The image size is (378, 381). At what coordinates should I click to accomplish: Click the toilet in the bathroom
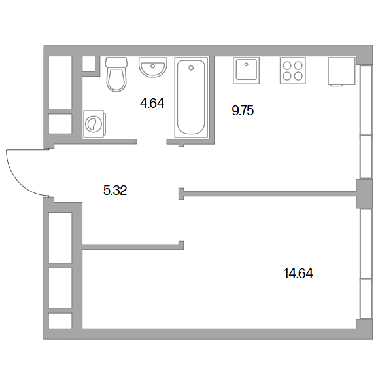point(116,75)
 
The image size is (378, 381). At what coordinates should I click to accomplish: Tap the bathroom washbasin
point(153,67)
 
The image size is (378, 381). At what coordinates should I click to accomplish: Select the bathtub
point(191,97)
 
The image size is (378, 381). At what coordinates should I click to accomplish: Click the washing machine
point(94,124)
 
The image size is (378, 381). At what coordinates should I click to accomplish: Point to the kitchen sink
point(246,71)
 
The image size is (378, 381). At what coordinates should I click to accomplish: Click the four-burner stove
point(292,71)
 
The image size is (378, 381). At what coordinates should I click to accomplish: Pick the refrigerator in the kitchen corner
point(341,71)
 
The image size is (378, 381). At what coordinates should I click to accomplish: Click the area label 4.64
point(152,103)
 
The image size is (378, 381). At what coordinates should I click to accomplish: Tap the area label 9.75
point(243,111)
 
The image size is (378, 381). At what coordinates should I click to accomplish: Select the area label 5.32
point(115,190)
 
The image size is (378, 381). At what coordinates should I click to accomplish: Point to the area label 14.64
point(298,274)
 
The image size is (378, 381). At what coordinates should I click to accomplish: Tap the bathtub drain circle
point(191,68)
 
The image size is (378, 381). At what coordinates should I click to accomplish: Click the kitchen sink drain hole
point(246,64)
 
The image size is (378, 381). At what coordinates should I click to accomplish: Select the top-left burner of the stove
point(287,65)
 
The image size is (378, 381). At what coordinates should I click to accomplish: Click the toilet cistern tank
point(116,62)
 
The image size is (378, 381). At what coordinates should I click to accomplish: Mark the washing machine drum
point(92,124)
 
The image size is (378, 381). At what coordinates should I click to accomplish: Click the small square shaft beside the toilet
point(88,63)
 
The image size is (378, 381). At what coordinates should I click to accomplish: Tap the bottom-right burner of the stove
point(298,76)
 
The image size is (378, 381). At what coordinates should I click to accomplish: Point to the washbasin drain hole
point(153,66)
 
